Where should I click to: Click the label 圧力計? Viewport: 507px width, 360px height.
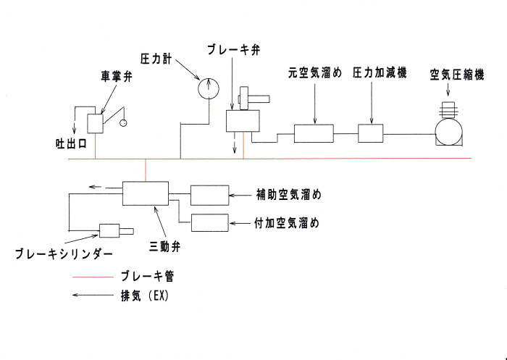[156, 56]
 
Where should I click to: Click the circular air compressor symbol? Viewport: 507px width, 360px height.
[449, 133]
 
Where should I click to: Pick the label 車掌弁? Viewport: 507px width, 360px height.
[115, 75]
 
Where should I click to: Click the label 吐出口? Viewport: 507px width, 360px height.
[71, 143]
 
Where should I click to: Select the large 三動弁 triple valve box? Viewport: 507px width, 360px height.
[145, 193]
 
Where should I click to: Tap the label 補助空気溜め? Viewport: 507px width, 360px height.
[288, 195]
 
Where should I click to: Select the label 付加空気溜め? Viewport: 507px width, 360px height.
[288, 222]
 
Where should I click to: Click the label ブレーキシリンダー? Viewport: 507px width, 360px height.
[64, 254]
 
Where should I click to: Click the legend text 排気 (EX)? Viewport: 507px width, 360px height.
[142, 296]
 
